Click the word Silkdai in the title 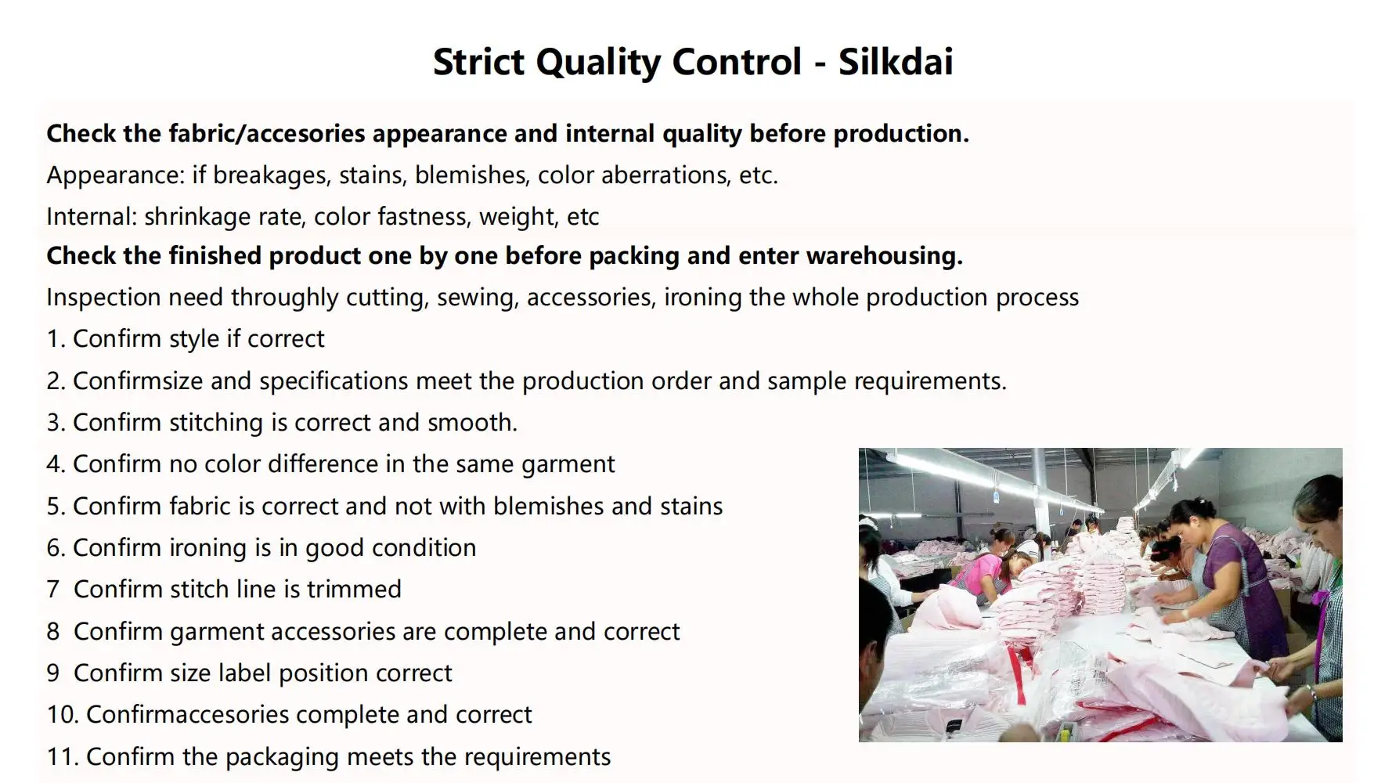click(x=896, y=62)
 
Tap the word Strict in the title click(x=478, y=62)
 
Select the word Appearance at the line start click(x=115, y=175)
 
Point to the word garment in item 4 click(x=568, y=465)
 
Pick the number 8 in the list click(x=53, y=631)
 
